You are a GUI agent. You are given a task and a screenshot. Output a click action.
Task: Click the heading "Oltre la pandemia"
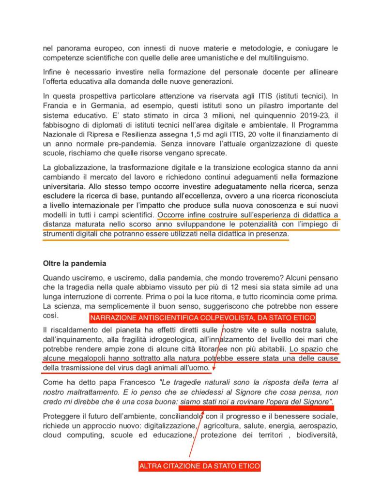coord(75,264)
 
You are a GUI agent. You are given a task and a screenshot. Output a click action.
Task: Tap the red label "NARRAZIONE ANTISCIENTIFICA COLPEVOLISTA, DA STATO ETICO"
coord(202,318)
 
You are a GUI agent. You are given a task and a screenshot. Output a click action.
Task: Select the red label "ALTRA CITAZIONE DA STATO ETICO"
coord(199,466)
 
